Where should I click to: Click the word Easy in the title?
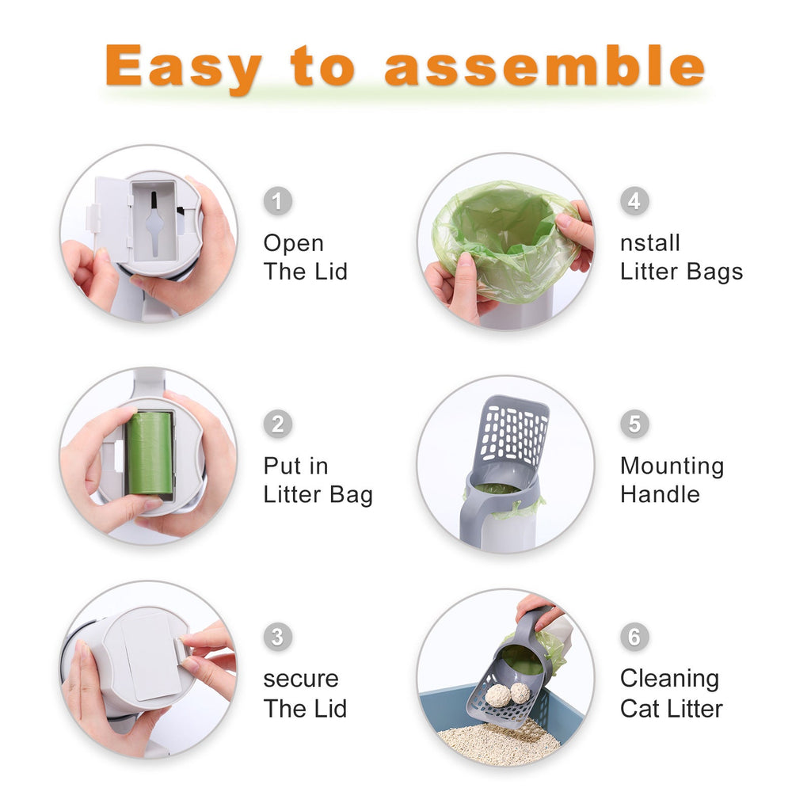183,67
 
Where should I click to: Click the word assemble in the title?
544,67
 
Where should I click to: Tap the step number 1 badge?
277,200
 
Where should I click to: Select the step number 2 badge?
277,424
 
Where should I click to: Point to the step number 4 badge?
634,200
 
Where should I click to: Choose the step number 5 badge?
634,424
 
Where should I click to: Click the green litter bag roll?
150,452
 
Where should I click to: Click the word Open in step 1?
294,243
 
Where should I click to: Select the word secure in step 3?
301,679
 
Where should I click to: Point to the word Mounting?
672,466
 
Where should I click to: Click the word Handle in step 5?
660,494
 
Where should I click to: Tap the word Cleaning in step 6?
669,679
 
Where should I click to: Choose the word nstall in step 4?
649,243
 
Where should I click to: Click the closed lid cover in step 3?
152,655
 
